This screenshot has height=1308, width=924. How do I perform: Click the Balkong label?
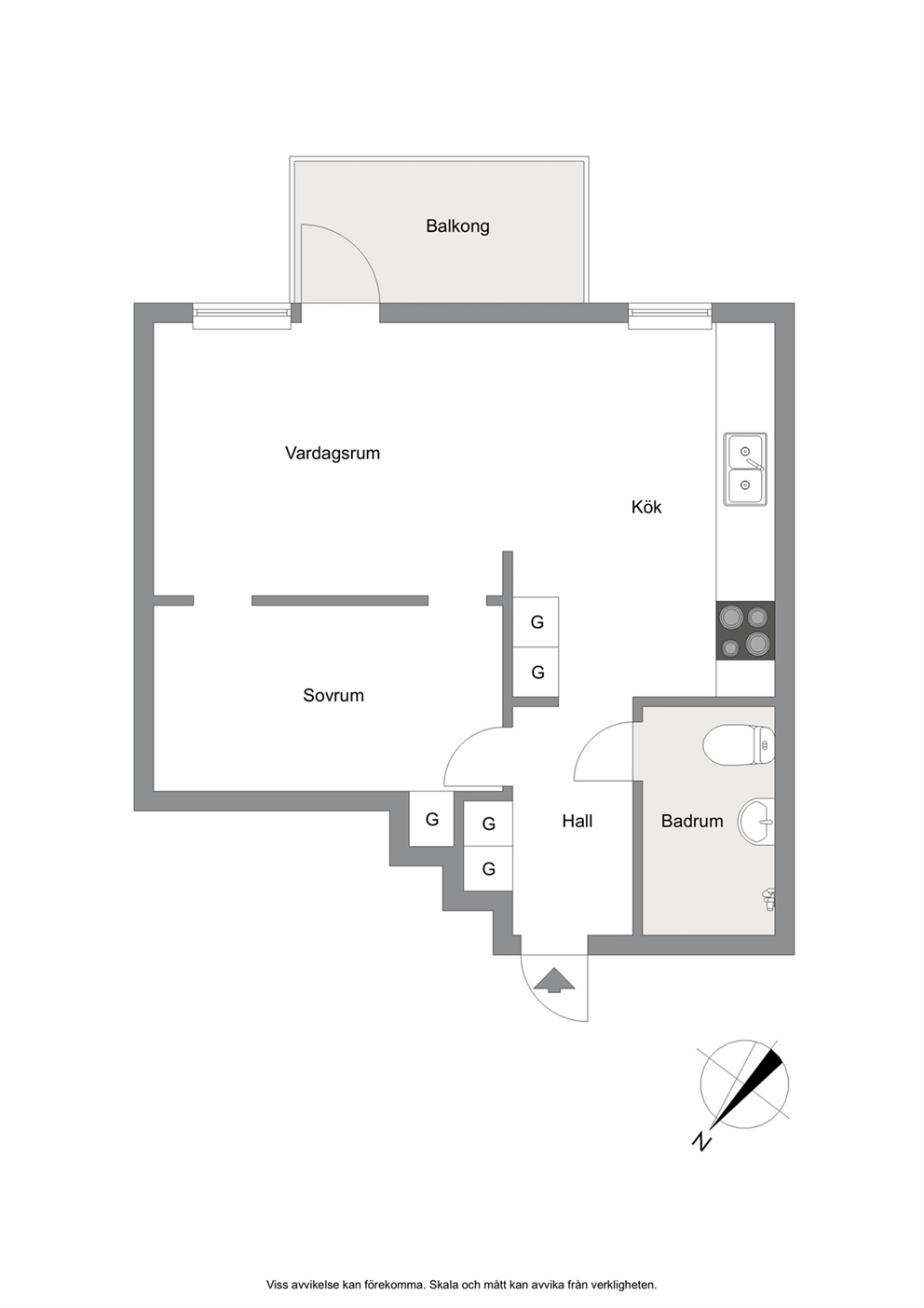point(457,226)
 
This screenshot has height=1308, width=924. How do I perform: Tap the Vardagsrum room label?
point(333,454)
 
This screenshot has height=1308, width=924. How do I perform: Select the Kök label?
point(646,507)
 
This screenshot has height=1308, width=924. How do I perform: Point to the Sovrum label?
point(333,696)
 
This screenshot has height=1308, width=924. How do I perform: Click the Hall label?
point(577,822)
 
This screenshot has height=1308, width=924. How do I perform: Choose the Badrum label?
point(692,822)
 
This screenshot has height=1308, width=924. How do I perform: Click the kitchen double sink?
point(745,470)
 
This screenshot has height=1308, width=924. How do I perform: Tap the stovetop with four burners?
point(745,631)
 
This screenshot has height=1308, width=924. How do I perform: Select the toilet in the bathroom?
point(739,745)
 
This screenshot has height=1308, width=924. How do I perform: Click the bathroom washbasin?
point(756,821)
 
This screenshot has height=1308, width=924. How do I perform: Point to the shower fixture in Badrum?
point(769,900)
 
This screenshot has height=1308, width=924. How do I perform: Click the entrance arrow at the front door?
point(554,980)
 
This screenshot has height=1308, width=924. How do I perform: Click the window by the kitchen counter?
point(670,316)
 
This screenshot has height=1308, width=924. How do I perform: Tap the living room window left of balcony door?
point(241,316)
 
